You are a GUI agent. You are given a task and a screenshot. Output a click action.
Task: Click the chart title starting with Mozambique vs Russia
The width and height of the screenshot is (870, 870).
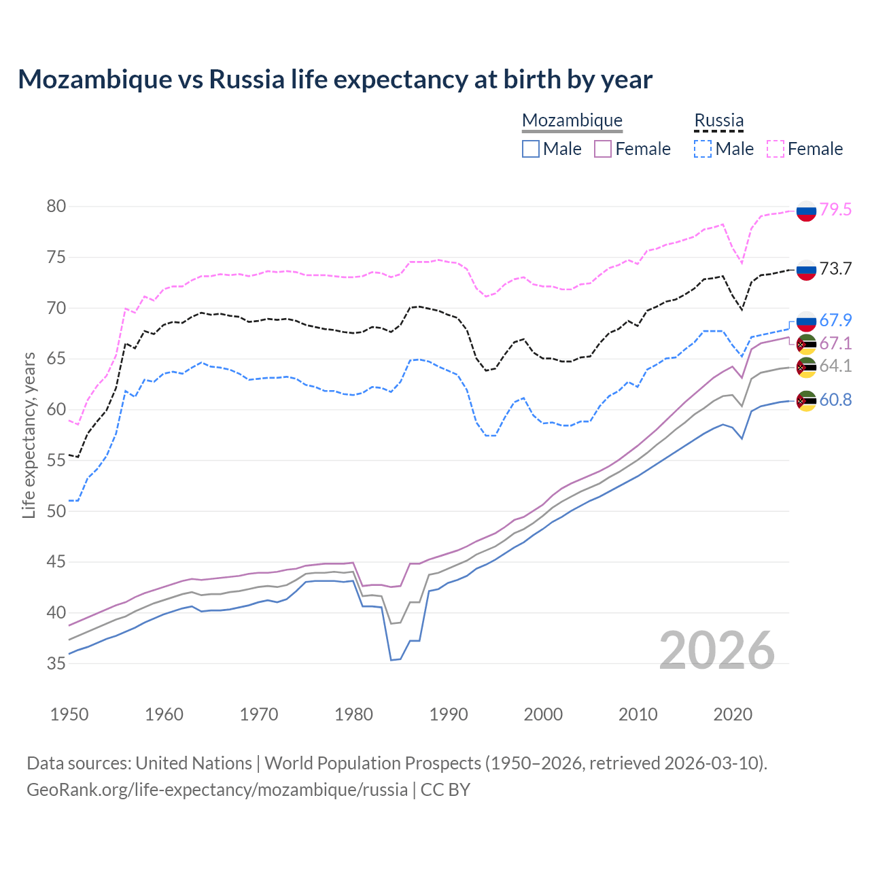tap(334, 80)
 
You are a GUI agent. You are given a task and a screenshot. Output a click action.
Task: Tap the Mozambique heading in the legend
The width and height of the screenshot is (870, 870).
tap(572, 120)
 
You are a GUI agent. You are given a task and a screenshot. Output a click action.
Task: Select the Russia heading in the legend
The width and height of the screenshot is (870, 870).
tap(718, 120)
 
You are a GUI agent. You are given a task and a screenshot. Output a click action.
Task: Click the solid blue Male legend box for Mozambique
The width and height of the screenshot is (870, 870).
tap(531, 149)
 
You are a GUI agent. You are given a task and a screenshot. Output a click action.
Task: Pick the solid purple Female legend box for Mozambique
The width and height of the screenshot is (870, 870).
tap(603, 149)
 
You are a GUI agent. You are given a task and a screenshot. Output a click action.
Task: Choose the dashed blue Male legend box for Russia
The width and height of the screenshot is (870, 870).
tap(703, 149)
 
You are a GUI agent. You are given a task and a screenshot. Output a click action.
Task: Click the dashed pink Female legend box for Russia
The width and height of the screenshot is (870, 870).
tap(776, 149)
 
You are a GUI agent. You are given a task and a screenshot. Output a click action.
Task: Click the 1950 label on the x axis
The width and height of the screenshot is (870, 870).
tap(69, 714)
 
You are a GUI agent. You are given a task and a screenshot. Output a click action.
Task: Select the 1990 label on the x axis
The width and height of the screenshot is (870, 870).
tap(449, 714)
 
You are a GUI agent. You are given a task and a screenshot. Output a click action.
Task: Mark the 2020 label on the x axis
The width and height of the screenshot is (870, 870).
tap(733, 714)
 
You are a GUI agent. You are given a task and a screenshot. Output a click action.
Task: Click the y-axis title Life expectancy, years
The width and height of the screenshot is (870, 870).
tap(29, 435)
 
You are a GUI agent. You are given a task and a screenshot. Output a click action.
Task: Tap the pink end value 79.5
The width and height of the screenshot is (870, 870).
tap(835, 210)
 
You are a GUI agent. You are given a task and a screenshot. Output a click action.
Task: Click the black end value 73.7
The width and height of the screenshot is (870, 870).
tap(835, 269)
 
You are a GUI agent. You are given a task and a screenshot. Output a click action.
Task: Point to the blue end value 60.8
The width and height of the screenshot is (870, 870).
tap(835, 400)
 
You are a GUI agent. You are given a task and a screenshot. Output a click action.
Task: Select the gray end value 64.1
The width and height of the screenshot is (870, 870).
tap(835, 366)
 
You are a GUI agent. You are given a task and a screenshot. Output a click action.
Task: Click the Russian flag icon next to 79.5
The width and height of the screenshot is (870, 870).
tap(806, 211)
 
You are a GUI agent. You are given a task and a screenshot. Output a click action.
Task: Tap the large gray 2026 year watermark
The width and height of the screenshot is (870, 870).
tap(717, 650)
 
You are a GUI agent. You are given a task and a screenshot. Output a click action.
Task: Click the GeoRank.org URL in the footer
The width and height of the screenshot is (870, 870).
tap(217, 790)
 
